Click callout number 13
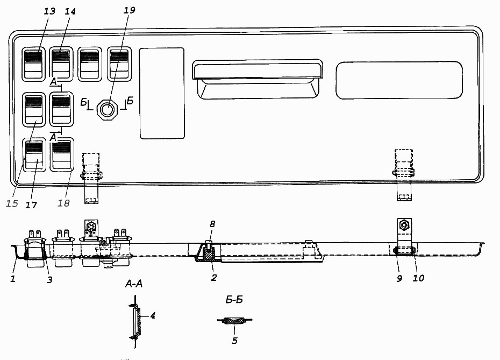pos(49,11)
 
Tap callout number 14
pos(70,11)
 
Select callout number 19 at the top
pos(129,10)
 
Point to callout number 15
pos(12,203)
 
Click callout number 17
pos(31,205)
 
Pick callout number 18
pos(63,203)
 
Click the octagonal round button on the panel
pos(108,109)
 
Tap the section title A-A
pos(134,284)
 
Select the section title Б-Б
pos(234,300)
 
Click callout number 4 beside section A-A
pos(153,316)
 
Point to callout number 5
pos(235,341)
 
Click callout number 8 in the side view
pos(213,224)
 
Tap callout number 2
pos(214,278)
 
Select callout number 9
pos(399,279)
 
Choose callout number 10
pos(418,278)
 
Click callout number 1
pos(13,279)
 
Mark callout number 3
pos(49,280)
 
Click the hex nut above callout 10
pos(404,226)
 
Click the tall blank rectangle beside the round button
pos(162,93)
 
